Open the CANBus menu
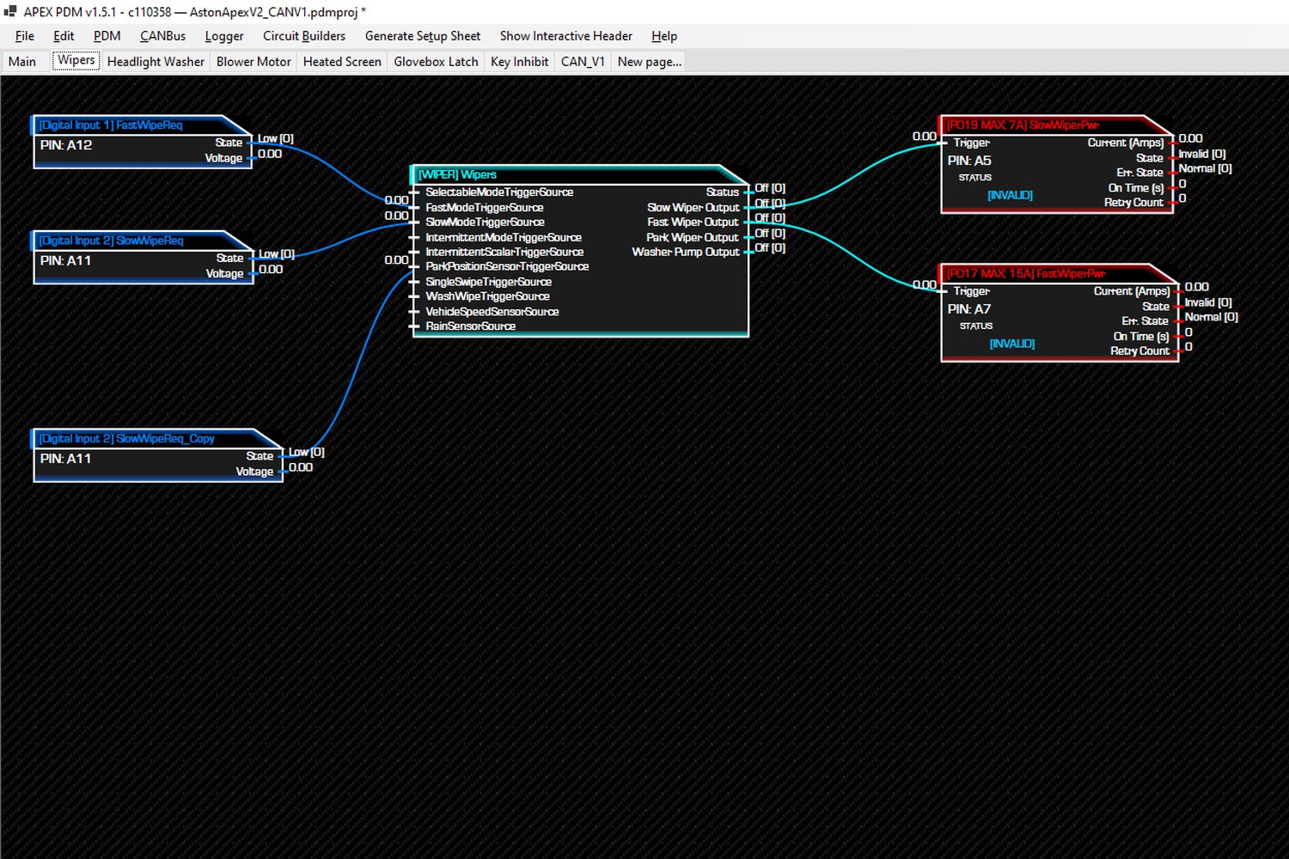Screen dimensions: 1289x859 (x=163, y=36)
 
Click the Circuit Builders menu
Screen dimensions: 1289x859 (x=304, y=36)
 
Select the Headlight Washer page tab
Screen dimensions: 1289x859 (x=156, y=62)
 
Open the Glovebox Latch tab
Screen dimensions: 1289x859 (x=436, y=62)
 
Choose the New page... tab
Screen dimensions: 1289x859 (x=649, y=62)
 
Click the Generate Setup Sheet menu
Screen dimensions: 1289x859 (x=423, y=36)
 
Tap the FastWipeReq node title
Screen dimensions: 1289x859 (x=111, y=125)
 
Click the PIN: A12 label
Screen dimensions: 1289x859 (x=66, y=145)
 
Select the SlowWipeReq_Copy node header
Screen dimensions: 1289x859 (x=126, y=438)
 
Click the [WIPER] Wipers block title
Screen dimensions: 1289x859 (x=457, y=174)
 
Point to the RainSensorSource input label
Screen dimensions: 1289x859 (x=470, y=326)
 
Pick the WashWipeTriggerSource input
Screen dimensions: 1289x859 (x=487, y=296)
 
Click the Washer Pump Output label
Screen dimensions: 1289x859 (x=686, y=252)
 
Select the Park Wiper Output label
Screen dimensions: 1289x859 (x=693, y=237)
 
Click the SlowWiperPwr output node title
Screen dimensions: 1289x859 (x=1023, y=125)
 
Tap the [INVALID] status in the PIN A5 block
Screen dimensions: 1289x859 (x=1010, y=195)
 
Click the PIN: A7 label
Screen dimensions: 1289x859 (x=969, y=309)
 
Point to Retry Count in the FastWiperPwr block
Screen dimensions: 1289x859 (x=1140, y=351)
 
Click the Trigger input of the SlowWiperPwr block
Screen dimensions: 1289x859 (x=971, y=143)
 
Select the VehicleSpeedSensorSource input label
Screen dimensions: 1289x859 (x=492, y=311)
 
